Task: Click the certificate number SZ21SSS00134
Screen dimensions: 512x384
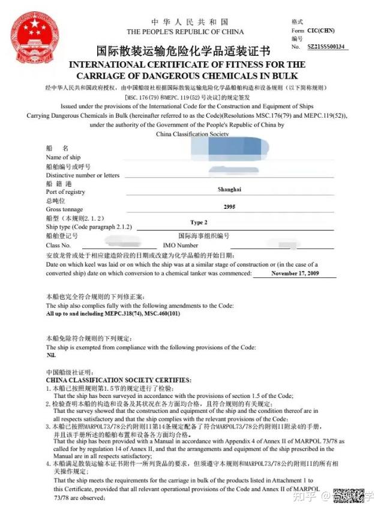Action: (x=326, y=46)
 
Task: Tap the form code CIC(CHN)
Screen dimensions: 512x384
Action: (x=321, y=31)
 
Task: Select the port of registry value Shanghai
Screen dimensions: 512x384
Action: (x=229, y=189)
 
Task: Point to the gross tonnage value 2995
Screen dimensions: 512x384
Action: (x=229, y=207)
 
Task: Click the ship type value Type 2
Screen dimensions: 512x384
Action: (x=199, y=223)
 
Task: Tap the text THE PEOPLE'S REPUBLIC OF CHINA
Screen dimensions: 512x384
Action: (x=185, y=32)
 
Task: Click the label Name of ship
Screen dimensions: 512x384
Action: (x=63, y=157)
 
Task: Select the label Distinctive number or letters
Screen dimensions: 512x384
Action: (x=83, y=175)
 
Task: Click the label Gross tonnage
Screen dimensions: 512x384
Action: (x=65, y=209)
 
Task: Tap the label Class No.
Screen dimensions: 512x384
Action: (x=58, y=245)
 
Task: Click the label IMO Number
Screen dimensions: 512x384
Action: (x=180, y=245)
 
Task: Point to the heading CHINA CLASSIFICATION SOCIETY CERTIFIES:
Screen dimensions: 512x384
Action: (x=118, y=380)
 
